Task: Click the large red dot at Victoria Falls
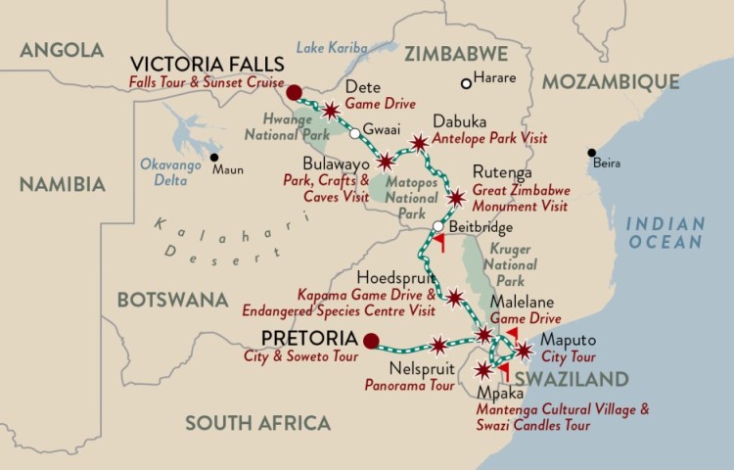click(294, 93)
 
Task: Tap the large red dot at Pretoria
click(371, 342)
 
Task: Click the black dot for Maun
click(213, 157)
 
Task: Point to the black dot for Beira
click(591, 153)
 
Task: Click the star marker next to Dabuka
click(419, 143)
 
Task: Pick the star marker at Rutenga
click(455, 199)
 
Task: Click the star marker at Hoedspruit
click(455, 297)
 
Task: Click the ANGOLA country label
click(61, 50)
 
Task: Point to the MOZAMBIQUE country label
click(611, 80)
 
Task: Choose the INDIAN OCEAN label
click(665, 231)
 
